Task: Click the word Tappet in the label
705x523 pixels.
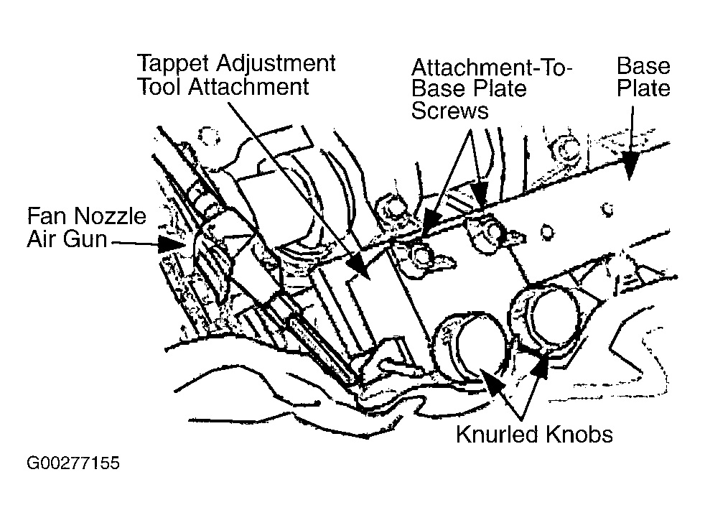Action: point(173,65)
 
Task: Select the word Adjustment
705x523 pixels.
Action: point(276,65)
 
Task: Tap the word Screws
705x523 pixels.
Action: point(449,111)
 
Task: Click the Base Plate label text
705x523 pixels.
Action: point(643,77)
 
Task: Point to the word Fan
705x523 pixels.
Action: point(47,216)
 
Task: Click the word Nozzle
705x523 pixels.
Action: point(110,216)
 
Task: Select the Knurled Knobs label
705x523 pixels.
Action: point(534,435)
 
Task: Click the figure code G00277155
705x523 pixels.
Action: point(73,463)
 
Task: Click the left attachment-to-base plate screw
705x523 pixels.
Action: point(421,256)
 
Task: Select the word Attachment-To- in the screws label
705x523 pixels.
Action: point(492,68)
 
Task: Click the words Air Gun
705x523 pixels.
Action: point(67,239)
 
